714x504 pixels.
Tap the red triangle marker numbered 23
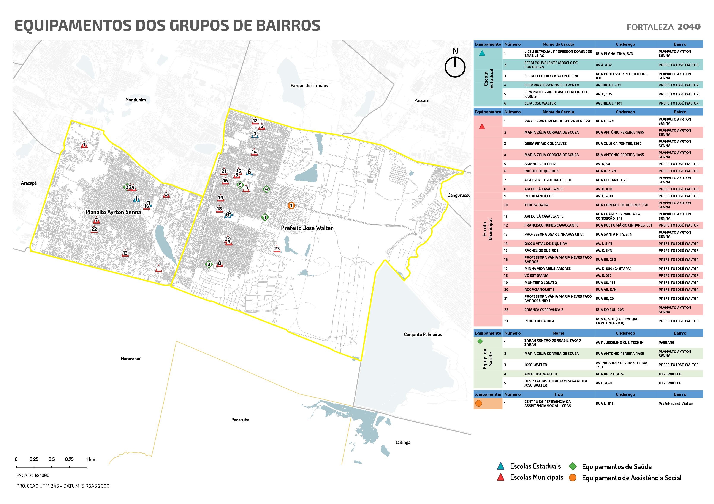click(277, 249)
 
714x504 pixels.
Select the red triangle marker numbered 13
click(125, 253)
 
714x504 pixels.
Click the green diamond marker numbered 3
click(209, 264)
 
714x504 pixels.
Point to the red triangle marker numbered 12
click(255, 121)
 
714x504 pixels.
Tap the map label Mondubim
click(135, 100)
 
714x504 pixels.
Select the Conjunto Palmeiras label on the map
click(423, 334)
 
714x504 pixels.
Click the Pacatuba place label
click(240, 420)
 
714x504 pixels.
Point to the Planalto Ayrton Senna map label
click(113, 212)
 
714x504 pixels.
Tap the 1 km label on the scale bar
click(90, 459)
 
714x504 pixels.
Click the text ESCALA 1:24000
click(33, 475)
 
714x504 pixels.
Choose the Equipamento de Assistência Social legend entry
click(631, 478)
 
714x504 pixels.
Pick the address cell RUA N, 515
click(604, 404)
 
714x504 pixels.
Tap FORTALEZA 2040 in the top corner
click(663, 27)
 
